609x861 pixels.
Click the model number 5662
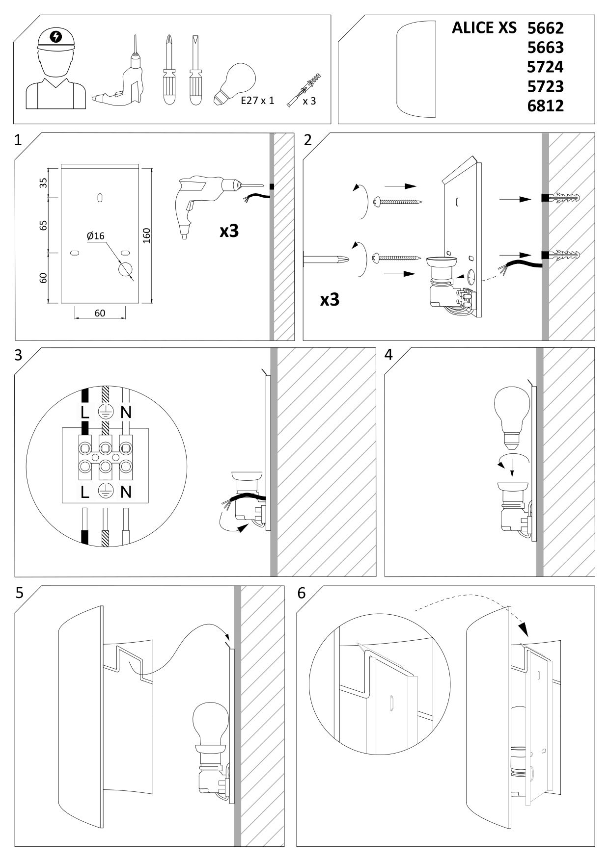[x=545, y=28]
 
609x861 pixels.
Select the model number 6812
[x=545, y=105]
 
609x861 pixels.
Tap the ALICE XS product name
[x=484, y=28]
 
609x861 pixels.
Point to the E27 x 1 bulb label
[x=257, y=101]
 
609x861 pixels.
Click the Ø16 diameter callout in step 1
[x=95, y=236]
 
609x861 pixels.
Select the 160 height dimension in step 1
[x=146, y=235]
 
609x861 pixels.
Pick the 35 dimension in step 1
[x=43, y=183]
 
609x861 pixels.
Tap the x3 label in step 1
[x=229, y=231]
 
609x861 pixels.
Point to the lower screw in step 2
[x=398, y=257]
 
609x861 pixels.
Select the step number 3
[x=19, y=355]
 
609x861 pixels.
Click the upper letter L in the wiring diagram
[x=85, y=412]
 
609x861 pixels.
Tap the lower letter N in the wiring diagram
[x=126, y=492]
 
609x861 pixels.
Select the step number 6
[x=301, y=593]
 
